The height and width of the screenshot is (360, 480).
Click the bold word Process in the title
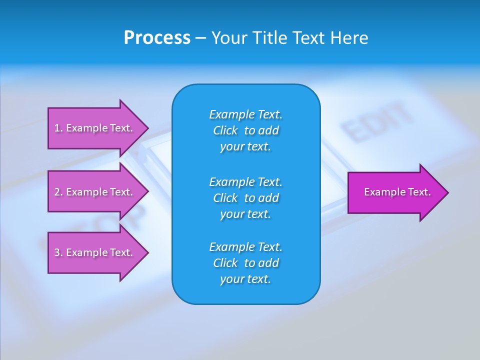pyautogui.click(x=157, y=38)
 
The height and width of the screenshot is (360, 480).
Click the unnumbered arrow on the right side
pyautogui.click(x=395, y=192)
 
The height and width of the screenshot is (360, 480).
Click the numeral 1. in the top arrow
pyautogui.click(x=58, y=128)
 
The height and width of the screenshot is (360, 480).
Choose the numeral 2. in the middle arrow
pyautogui.click(x=58, y=192)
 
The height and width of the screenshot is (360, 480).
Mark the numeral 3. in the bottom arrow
pyautogui.click(x=58, y=252)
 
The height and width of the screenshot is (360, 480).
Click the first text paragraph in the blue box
pyautogui.click(x=245, y=130)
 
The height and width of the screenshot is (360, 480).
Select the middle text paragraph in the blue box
pyautogui.click(x=245, y=197)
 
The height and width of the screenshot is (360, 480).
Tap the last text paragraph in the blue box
pyautogui.click(x=245, y=263)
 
